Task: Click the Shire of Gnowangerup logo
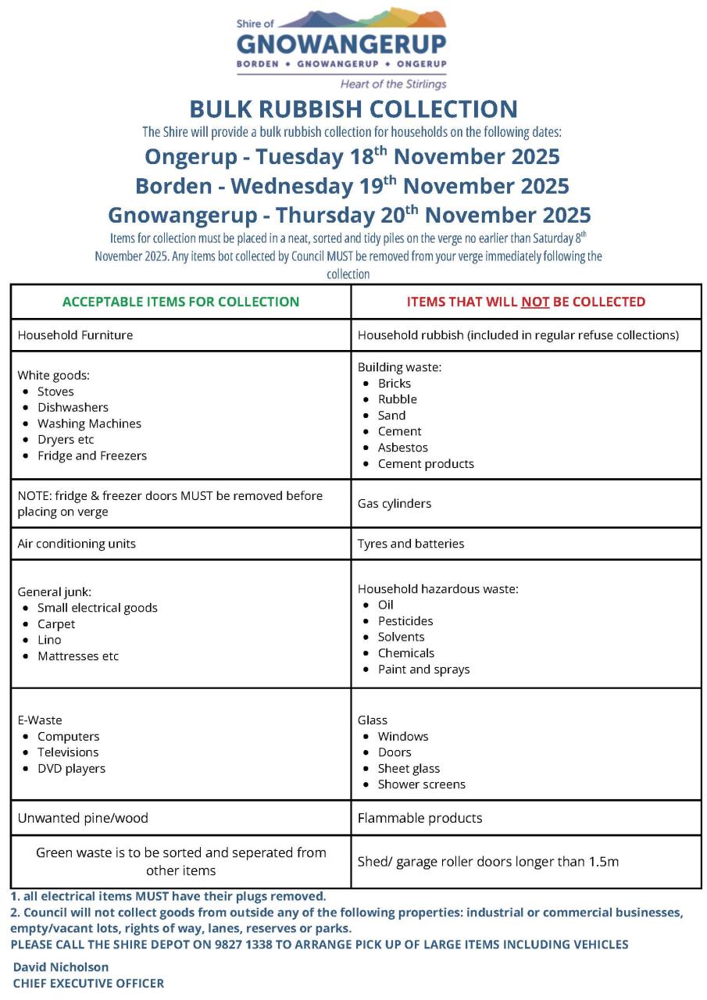pyautogui.click(x=341, y=48)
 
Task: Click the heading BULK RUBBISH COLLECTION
pyautogui.click(x=353, y=109)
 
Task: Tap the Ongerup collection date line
pyautogui.click(x=352, y=156)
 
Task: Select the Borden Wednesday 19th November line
pyautogui.click(x=352, y=186)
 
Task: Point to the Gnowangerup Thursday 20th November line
pyautogui.click(x=349, y=215)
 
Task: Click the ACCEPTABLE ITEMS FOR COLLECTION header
pyautogui.click(x=180, y=302)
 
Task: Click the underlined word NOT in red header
pyautogui.click(x=535, y=302)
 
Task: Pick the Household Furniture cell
pyautogui.click(x=76, y=335)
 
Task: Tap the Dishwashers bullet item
pyautogui.click(x=73, y=407)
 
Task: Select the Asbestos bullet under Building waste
pyautogui.click(x=402, y=448)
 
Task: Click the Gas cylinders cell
pyautogui.click(x=395, y=504)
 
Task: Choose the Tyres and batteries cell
pyautogui.click(x=411, y=544)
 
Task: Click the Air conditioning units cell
pyautogui.click(x=77, y=544)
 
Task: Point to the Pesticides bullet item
pyautogui.click(x=405, y=621)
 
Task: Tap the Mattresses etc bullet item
pyautogui.click(x=78, y=656)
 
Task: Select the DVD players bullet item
pyautogui.click(x=71, y=769)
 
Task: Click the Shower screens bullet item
pyautogui.click(x=421, y=784)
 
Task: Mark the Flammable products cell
pyautogui.click(x=420, y=818)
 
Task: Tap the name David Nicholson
pyautogui.click(x=61, y=967)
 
